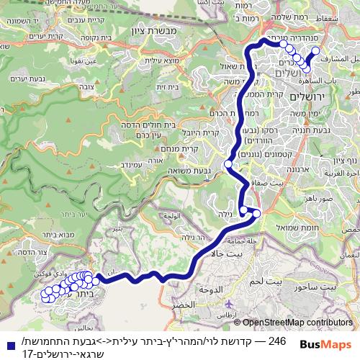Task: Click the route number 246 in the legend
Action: pyautogui.click(x=277, y=339)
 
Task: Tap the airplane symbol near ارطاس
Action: pyautogui.click(x=229, y=305)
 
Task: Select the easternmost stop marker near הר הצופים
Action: pyautogui.click(x=315, y=51)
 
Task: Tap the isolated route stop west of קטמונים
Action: pyautogui.click(x=228, y=164)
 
